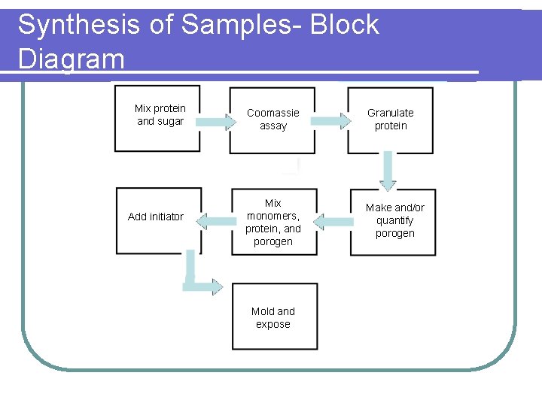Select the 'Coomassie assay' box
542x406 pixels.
tap(273, 120)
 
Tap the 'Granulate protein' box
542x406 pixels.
tap(390, 120)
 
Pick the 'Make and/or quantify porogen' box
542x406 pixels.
tap(394, 223)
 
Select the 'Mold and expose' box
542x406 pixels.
tap(273, 317)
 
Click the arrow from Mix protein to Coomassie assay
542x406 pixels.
tap(219, 122)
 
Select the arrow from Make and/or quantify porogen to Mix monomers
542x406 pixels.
tap(332, 221)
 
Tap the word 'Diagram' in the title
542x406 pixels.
tap(72, 59)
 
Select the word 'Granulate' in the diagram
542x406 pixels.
tap(390, 113)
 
